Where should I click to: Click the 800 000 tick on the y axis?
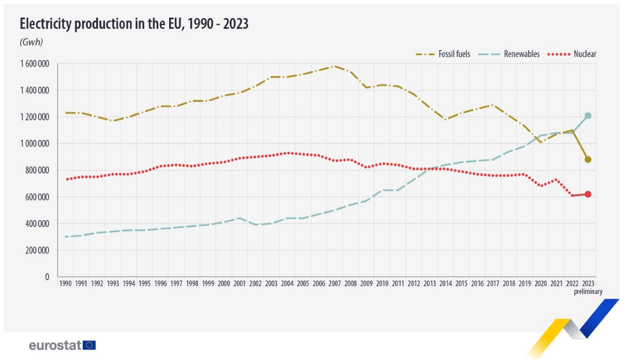pyautogui.click(x=34, y=170)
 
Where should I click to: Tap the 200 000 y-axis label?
pyautogui.click(x=34, y=250)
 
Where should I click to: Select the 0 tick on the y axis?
pyautogui.click(x=46, y=276)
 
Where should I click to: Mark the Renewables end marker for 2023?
pyautogui.click(x=588, y=116)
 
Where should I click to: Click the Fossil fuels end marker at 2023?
pyautogui.click(x=588, y=160)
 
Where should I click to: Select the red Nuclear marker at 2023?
pyautogui.click(x=588, y=194)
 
